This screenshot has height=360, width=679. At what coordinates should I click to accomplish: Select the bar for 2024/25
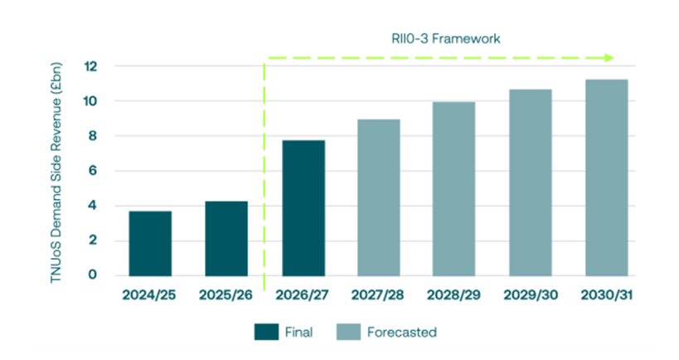click(150, 243)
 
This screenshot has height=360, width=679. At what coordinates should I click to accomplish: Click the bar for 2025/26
click(226, 238)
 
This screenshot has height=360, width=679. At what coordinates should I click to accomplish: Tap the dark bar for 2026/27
click(303, 207)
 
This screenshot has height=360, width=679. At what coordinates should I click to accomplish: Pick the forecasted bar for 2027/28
click(379, 197)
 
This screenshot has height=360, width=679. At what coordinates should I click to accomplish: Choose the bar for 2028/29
click(454, 188)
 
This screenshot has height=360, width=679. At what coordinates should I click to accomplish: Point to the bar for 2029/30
click(531, 182)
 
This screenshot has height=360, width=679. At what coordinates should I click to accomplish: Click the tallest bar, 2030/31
click(606, 178)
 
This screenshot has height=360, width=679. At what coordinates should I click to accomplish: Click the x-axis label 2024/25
click(150, 295)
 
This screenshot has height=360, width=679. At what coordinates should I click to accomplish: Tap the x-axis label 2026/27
click(303, 295)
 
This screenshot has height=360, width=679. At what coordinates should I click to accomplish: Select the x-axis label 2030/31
click(606, 295)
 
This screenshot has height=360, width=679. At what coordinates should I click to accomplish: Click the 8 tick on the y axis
click(95, 136)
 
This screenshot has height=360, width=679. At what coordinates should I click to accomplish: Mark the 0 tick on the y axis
click(95, 275)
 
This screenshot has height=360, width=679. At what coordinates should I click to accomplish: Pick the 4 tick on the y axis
click(95, 206)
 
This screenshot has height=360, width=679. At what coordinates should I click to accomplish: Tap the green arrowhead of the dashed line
click(609, 57)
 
